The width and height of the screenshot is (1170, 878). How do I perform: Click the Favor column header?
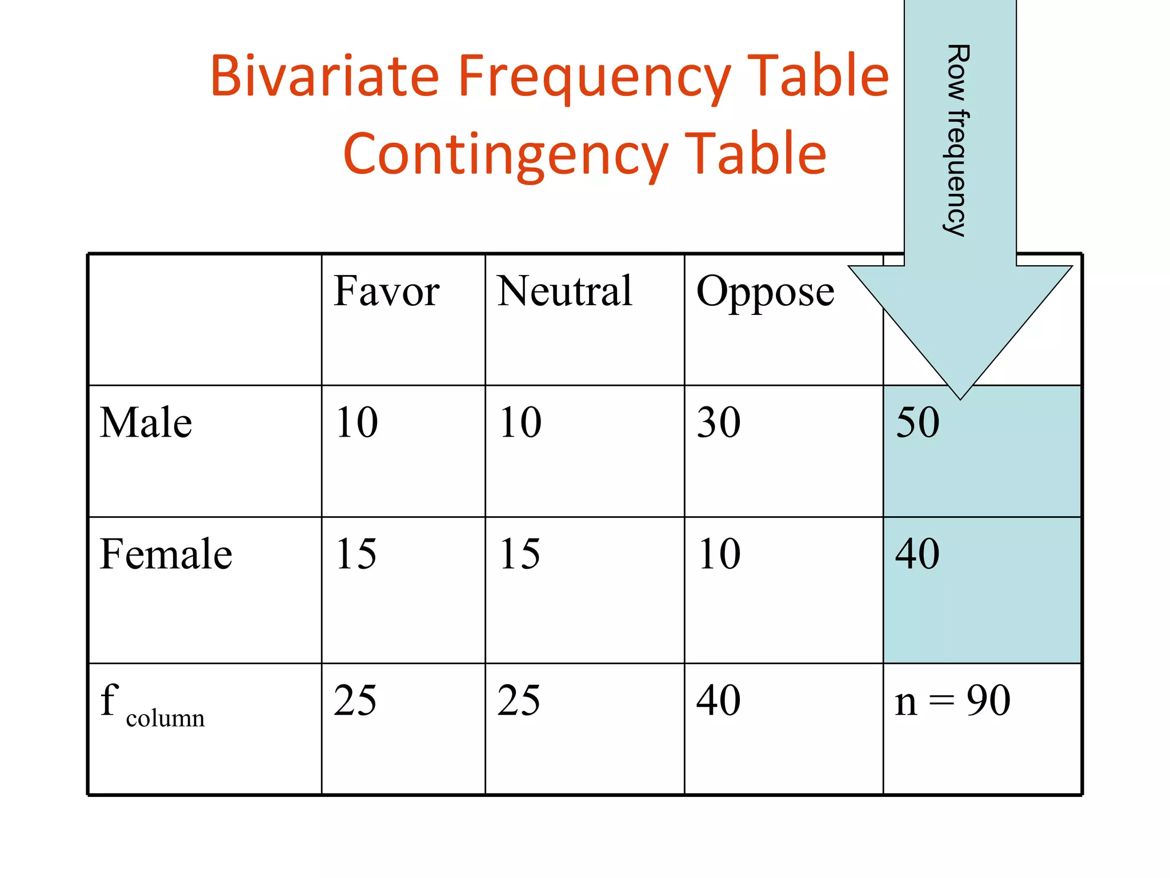point(386,292)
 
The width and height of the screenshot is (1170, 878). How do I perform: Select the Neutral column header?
point(564,292)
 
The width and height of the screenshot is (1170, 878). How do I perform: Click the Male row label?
point(146,423)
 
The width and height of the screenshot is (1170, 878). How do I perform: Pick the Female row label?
point(166,554)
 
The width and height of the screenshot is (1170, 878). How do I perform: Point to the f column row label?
point(152,704)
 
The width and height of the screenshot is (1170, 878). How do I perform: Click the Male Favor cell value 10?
point(356,423)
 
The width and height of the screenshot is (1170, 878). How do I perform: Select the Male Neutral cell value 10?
point(520,423)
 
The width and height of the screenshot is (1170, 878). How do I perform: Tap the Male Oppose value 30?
point(719,423)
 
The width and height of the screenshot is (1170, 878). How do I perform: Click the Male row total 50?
point(917,423)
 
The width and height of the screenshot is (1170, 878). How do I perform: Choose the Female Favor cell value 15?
point(356,554)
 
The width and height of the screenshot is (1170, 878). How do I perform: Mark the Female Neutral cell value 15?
point(519,554)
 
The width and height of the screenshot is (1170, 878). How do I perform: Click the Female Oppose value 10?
point(719,554)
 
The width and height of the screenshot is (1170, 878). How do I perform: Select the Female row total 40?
point(917,554)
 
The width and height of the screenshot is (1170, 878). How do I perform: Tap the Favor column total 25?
point(355,701)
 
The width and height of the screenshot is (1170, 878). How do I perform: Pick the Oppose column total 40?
point(719,701)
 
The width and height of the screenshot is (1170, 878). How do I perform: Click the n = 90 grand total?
point(952,701)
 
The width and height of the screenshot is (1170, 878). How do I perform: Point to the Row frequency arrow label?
point(957,140)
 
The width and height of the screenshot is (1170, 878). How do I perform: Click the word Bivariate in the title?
point(324,75)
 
